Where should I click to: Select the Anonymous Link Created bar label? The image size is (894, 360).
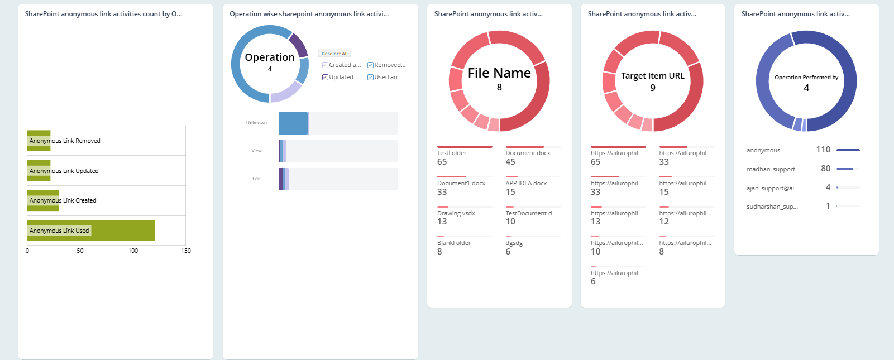click(x=63, y=200)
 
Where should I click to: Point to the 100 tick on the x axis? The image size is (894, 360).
click(x=133, y=251)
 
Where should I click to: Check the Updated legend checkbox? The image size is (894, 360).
click(x=325, y=77)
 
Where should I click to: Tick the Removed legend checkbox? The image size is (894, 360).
click(x=370, y=65)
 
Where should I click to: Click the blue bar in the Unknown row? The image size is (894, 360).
click(x=293, y=123)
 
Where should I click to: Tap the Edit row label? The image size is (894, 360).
click(x=256, y=179)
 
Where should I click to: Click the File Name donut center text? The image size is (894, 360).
click(x=499, y=73)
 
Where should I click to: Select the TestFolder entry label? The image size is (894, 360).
click(x=452, y=153)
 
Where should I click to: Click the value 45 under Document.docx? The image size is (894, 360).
click(x=510, y=162)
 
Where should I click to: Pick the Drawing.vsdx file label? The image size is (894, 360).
click(x=456, y=213)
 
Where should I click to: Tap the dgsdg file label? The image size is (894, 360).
click(x=514, y=243)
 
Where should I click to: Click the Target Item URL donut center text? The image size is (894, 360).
click(x=652, y=76)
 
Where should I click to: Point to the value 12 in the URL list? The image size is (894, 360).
click(x=664, y=222)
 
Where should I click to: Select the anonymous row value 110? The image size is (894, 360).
click(x=823, y=150)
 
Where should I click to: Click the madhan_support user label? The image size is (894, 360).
click(x=773, y=169)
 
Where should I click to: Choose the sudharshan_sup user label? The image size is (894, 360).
click(x=772, y=207)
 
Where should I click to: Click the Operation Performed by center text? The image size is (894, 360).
click(x=806, y=78)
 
